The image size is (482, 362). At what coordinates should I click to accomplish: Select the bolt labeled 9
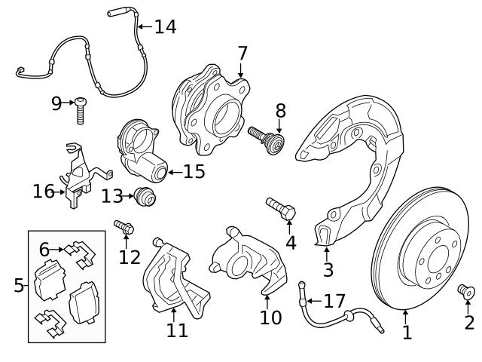click(x=80, y=109)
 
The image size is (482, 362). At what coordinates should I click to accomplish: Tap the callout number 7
click(x=242, y=53)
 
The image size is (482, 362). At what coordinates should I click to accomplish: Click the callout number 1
click(x=407, y=331)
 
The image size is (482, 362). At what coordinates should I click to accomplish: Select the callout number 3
click(x=328, y=269)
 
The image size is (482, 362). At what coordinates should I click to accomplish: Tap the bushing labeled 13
click(x=144, y=198)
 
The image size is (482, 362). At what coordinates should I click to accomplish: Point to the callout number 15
click(x=194, y=172)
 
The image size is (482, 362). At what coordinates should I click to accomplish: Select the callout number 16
click(x=43, y=192)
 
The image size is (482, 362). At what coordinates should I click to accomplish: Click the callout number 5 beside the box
click(x=19, y=285)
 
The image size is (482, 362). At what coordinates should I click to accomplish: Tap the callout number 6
click(x=44, y=249)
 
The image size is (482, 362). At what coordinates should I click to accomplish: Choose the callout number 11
click(x=177, y=330)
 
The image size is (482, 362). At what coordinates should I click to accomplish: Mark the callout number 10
click(x=270, y=317)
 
